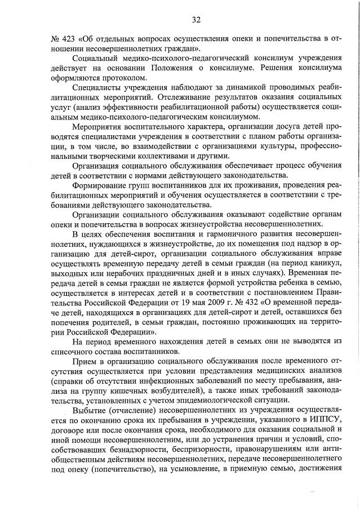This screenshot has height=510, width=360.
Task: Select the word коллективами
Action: [165, 157]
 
